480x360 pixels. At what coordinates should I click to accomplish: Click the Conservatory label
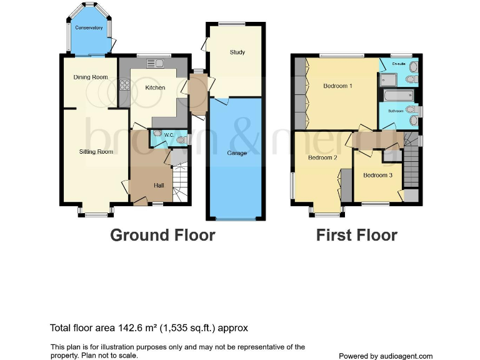(89, 28)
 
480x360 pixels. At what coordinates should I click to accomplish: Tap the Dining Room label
(91, 77)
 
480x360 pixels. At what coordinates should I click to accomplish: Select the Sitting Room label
(96, 151)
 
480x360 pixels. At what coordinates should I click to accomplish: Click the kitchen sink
(154, 62)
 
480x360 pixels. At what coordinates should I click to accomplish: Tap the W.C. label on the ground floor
(168, 135)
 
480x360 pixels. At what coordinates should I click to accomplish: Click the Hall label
(159, 185)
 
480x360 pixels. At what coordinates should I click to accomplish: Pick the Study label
(237, 52)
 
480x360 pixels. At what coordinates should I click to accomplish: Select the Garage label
(236, 153)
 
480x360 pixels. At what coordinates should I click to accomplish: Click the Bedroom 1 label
(337, 86)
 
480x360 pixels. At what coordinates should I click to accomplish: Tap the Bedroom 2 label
(322, 157)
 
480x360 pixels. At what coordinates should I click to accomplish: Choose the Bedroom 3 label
(377, 175)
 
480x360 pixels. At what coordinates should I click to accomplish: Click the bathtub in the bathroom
(397, 96)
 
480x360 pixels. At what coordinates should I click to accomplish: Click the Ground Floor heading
(162, 235)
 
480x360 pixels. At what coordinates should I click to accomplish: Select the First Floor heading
(356, 235)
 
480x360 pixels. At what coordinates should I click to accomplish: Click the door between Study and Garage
(222, 100)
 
